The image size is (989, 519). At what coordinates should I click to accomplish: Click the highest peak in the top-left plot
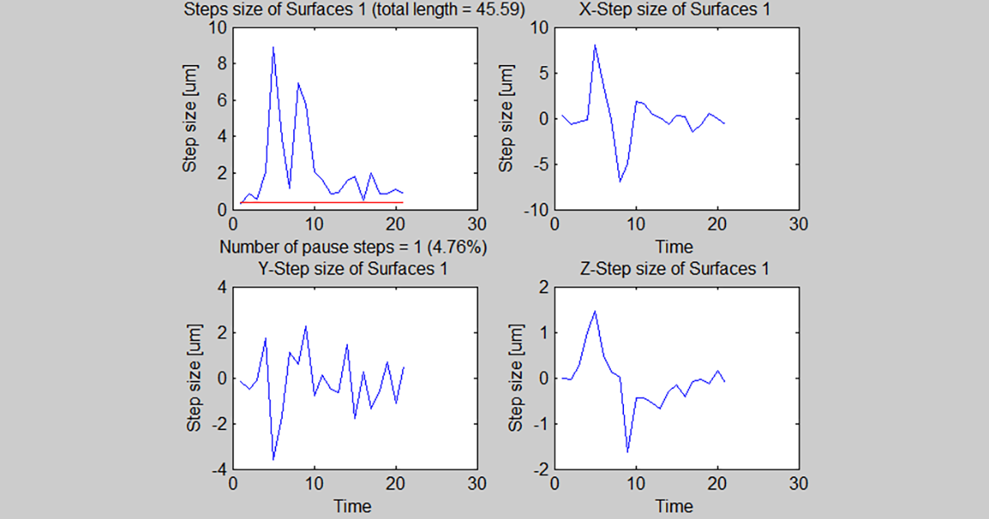(x=273, y=48)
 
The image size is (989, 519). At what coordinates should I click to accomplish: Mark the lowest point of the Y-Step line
(x=273, y=459)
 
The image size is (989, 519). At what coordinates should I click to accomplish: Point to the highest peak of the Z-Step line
(x=594, y=311)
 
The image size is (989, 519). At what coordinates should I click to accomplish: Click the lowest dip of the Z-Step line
(x=627, y=451)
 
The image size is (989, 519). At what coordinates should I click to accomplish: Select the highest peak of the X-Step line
(x=594, y=45)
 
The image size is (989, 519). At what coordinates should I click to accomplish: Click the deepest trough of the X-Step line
(x=619, y=180)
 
